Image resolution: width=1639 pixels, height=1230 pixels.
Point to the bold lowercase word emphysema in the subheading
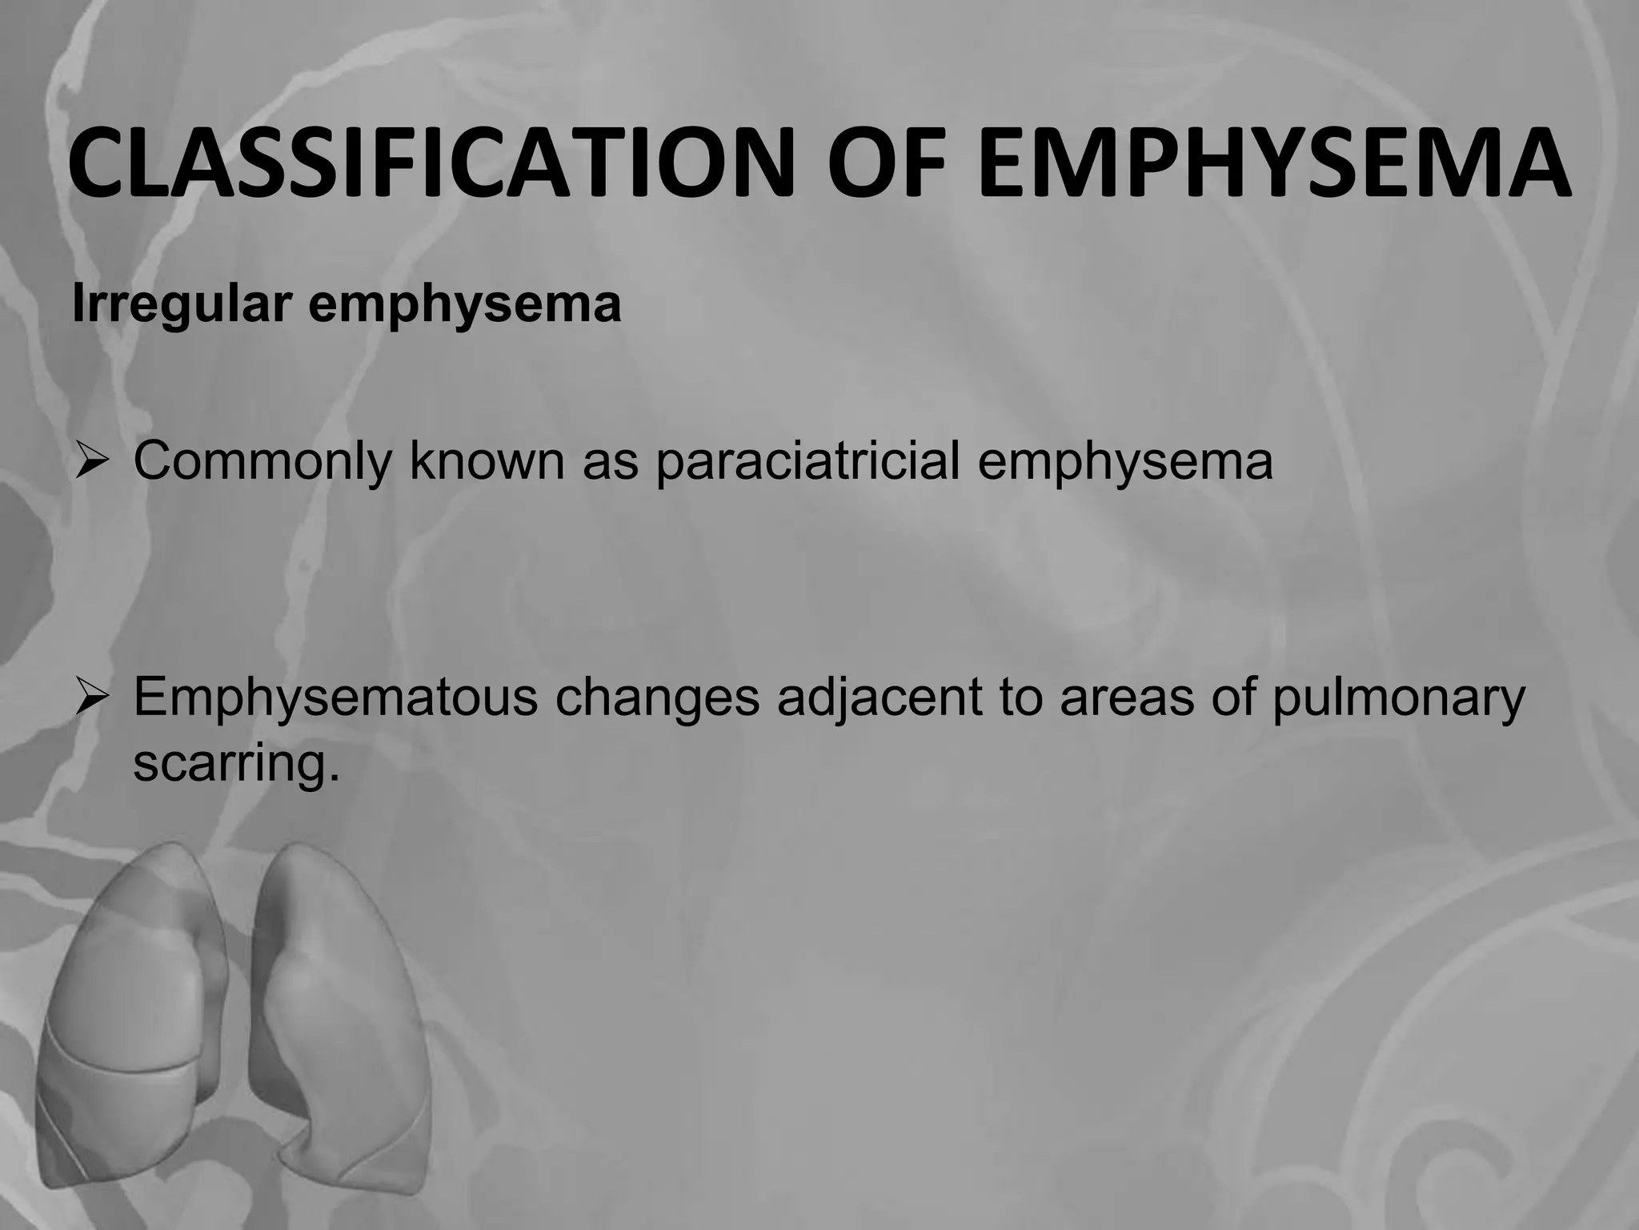coord(465,305)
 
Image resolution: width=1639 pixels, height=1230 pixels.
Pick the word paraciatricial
coord(807,462)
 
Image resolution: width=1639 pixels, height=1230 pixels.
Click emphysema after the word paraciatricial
coord(1125,462)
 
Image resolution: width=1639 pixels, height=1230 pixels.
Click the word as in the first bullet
coord(610,462)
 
